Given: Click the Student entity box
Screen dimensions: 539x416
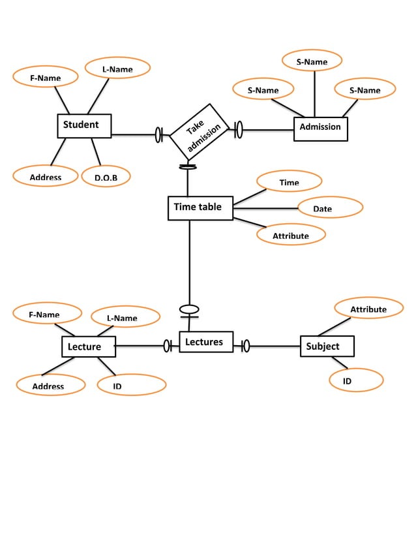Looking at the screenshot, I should pyautogui.click(x=84, y=126).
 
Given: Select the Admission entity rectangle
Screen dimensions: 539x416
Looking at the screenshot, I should pyautogui.click(x=320, y=128).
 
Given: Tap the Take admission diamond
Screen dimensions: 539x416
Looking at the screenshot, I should pyautogui.click(x=199, y=131).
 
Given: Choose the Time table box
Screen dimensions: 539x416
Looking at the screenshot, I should pyautogui.click(x=200, y=208).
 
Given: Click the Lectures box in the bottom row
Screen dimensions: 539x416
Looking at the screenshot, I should pyautogui.click(x=205, y=342).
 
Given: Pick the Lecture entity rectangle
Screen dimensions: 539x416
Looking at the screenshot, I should pyautogui.click(x=89, y=347).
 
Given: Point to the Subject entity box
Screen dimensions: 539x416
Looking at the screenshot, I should pyautogui.click(x=327, y=346).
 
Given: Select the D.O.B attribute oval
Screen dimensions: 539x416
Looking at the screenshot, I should pyautogui.click(x=106, y=177).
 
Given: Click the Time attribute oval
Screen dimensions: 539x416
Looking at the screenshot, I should pyautogui.click(x=289, y=182).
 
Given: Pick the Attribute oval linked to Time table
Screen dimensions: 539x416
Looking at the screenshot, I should pyautogui.click(x=291, y=235).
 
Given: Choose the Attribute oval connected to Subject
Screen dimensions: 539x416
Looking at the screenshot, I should pyautogui.click(x=368, y=309).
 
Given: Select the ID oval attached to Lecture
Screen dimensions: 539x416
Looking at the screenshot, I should pyautogui.click(x=131, y=386).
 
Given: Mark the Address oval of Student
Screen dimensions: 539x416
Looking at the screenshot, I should pyautogui.click(x=46, y=177).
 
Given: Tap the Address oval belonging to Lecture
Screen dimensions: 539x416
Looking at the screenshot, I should pyautogui.click(x=50, y=386).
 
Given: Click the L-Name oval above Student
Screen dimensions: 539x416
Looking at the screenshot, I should pyautogui.click(x=117, y=69).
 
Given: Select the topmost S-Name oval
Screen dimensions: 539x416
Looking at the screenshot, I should pyautogui.click(x=312, y=61).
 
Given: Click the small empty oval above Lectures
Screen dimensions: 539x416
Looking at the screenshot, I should pyautogui.click(x=189, y=309).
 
